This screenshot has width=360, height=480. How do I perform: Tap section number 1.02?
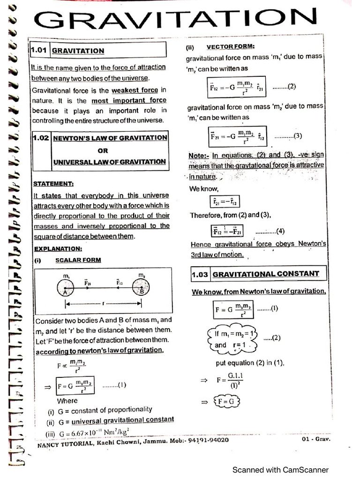40,138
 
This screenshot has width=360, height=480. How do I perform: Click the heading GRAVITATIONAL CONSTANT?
266,274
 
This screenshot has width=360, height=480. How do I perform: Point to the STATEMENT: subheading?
53,183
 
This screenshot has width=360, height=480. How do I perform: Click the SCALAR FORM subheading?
78,260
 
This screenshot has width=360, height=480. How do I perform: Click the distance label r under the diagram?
103,304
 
